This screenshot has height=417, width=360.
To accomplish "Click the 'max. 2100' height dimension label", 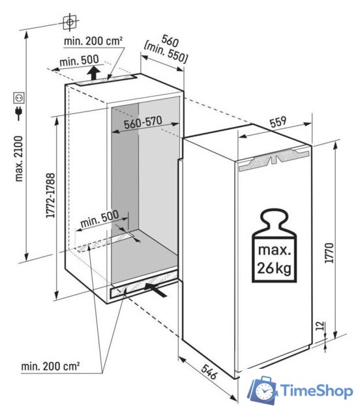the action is point(19,159).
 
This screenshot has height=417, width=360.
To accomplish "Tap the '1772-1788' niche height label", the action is point(50,195).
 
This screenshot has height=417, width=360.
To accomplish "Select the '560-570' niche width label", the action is point(143,122).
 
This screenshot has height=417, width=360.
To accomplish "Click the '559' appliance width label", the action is point(278,122).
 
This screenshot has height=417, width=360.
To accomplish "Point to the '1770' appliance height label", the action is point(329,253).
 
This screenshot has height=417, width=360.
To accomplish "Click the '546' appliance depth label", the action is point(209,371).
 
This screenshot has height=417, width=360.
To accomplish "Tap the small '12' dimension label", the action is point(321,326).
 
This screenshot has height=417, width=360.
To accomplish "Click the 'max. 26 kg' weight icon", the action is point(274,246).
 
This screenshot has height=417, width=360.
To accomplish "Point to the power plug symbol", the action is point(19,113).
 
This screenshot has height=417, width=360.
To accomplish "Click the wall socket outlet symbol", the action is point(19,98).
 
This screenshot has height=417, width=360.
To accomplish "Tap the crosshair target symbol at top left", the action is point(70,22).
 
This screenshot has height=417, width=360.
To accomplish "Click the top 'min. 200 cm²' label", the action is point(93,41).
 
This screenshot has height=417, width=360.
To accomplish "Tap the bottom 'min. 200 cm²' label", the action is point(50,366).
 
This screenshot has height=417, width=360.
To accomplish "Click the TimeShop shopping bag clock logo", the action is point(263,390).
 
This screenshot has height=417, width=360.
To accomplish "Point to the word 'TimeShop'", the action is point(317,391).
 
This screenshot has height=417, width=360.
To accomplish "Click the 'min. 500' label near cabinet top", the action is point(79,61).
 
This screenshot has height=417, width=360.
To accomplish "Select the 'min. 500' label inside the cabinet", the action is point(100,219).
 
